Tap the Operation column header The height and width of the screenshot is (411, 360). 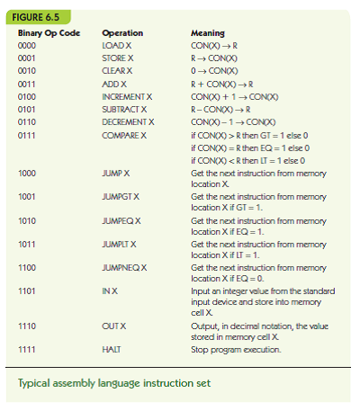(x=122, y=33)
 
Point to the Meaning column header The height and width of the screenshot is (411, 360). (x=209, y=33)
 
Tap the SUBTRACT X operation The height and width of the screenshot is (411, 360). (x=124, y=107)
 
